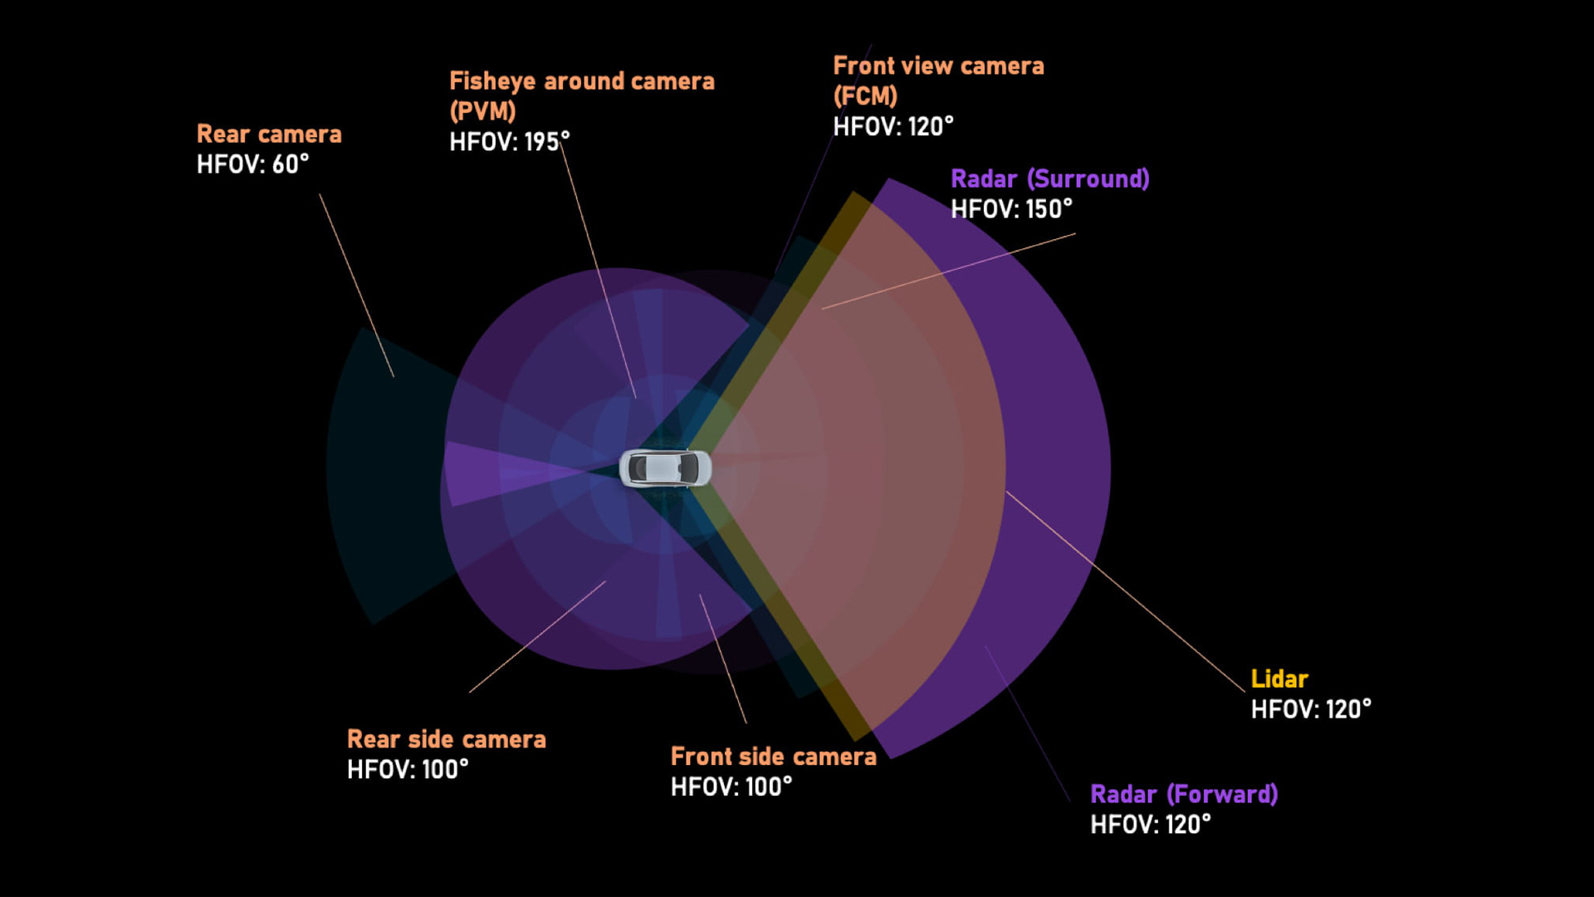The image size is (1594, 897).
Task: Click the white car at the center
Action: [x=665, y=468]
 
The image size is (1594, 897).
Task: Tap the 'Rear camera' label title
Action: [x=269, y=135]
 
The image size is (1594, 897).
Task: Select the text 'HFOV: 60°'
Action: [x=252, y=164]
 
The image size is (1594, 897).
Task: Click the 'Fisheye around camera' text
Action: [x=581, y=81]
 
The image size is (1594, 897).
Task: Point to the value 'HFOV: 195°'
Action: [x=509, y=142]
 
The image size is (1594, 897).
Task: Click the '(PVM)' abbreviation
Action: [x=482, y=111]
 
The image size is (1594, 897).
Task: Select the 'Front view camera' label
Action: [x=938, y=66]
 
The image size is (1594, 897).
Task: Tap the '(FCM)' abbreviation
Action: [x=865, y=96]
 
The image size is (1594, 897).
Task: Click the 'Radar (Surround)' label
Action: [x=1049, y=179]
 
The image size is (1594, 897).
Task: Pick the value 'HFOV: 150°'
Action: [x=1011, y=209]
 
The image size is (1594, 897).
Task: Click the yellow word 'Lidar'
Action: [x=1279, y=679]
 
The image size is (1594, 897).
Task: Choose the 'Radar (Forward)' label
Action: [x=1184, y=795]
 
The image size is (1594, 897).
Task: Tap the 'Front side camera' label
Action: [x=773, y=757]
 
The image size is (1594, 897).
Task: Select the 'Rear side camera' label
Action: [x=446, y=740]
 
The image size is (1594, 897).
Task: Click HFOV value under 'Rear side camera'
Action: [x=408, y=770]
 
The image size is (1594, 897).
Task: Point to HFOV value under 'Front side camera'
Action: [x=731, y=787]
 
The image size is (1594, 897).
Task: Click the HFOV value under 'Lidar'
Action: [x=1311, y=710]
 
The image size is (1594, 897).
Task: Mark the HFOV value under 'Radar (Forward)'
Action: [x=1151, y=825]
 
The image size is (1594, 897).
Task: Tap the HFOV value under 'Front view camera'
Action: [x=893, y=127]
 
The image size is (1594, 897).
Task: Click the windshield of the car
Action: [x=688, y=468]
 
